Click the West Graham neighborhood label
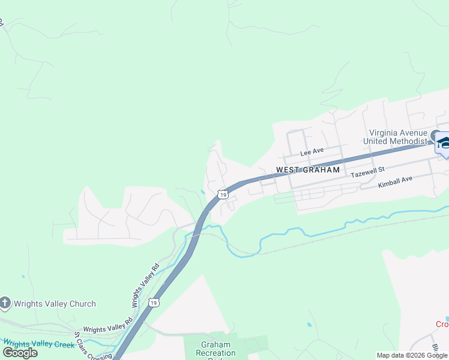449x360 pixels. coord(307,170)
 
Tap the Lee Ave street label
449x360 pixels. coord(312,152)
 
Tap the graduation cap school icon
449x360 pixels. coord(444,143)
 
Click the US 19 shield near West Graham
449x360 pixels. coord(223,194)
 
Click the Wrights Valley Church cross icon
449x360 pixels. coord(5,303)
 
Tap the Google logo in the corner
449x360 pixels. coord(20,353)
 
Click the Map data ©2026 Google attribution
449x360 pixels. coord(411,355)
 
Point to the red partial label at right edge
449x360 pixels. coord(442,325)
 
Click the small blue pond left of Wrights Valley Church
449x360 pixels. coord(23,277)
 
